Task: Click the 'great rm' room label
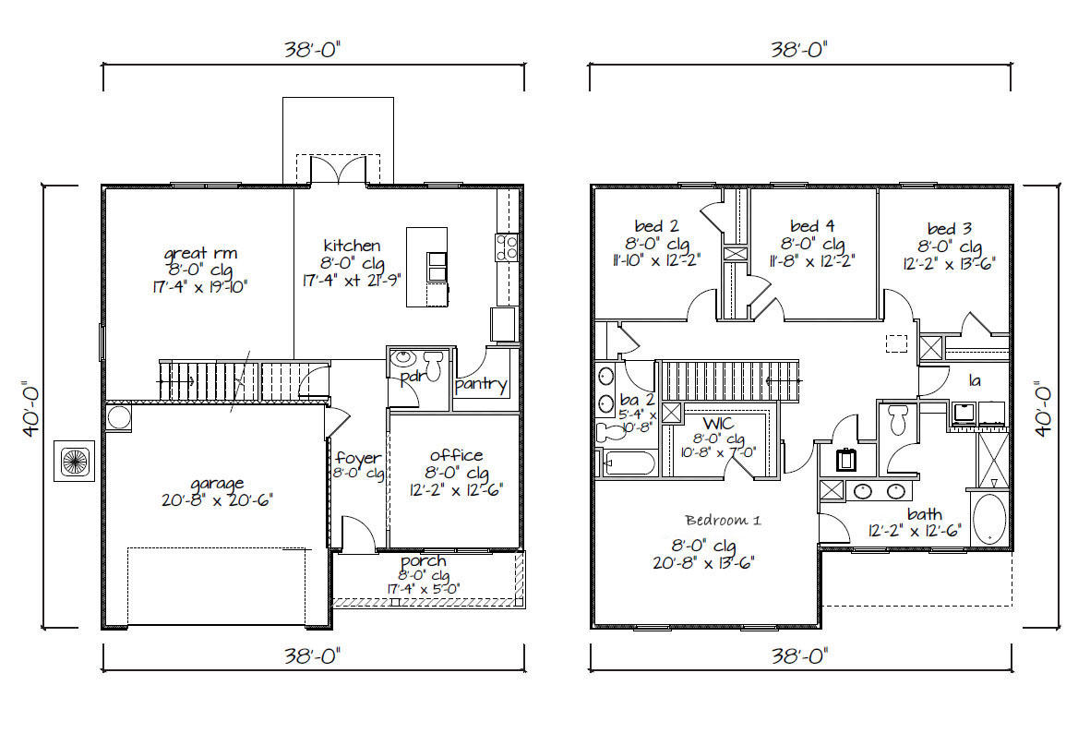click(x=200, y=252)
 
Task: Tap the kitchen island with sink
click(x=427, y=267)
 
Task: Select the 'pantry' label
click(x=481, y=385)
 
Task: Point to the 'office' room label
click(x=456, y=455)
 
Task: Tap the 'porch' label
click(x=424, y=561)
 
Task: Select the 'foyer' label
click(x=358, y=459)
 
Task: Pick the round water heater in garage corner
click(x=120, y=418)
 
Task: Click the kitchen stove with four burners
click(x=508, y=246)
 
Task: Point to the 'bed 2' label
click(x=656, y=226)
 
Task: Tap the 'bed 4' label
click(x=812, y=226)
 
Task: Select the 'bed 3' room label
click(x=950, y=229)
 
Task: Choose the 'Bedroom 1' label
click(x=723, y=520)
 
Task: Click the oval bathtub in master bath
click(x=990, y=519)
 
